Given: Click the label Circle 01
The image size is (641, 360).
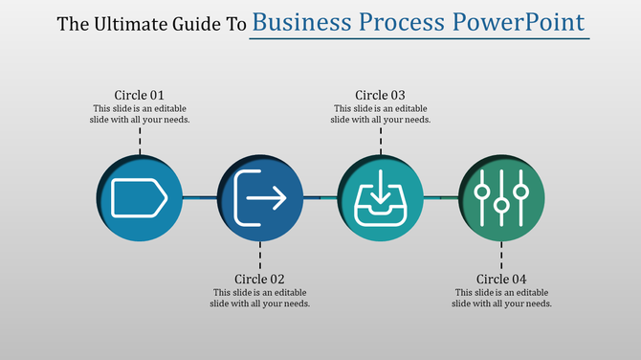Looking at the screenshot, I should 140,95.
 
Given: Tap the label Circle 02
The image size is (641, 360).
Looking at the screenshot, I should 260,280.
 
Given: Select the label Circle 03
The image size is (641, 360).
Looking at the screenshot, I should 381,95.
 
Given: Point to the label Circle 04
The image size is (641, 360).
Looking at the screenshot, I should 501,280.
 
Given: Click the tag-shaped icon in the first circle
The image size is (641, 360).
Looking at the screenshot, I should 140,197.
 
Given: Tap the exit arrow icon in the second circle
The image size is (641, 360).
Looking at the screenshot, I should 260,197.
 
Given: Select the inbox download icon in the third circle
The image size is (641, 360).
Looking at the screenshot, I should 381,198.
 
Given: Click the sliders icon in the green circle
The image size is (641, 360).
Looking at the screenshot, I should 501,197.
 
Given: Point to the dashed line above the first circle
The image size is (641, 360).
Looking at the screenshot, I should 140,140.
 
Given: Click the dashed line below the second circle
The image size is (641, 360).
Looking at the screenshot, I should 260,256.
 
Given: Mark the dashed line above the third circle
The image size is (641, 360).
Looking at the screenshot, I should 381,140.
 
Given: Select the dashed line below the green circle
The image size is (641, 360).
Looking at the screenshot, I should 501,256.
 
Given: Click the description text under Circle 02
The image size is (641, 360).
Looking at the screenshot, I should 260,298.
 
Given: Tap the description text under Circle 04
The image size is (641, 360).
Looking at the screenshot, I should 501,298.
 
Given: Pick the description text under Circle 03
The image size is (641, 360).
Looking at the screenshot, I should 381,114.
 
